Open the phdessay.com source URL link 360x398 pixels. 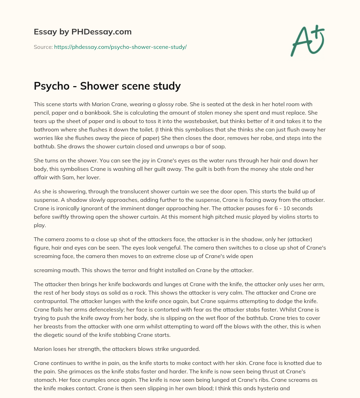tap(120, 47)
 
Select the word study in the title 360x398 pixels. tap(167, 86)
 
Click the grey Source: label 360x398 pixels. tap(43, 47)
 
